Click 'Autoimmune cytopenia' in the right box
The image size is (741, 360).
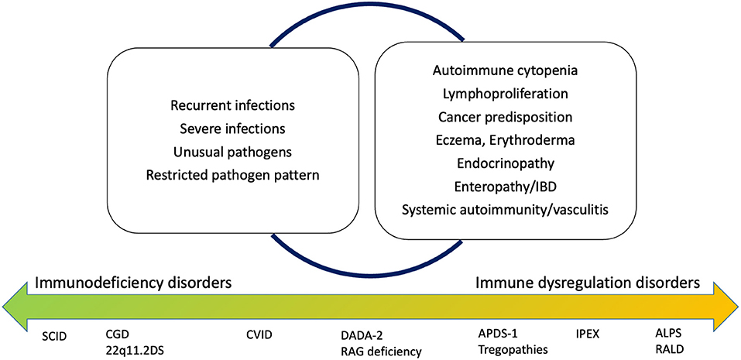(506, 71)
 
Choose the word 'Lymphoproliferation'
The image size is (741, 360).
(506, 94)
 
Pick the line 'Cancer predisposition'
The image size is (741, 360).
(506, 118)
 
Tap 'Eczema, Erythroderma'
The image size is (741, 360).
(506, 140)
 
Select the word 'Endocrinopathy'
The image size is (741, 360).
(506, 163)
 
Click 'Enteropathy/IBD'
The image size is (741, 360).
(506, 187)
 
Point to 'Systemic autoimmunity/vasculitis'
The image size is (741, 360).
(506, 210)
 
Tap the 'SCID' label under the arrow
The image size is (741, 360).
(55, 335)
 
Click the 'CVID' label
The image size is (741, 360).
(260, 335)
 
